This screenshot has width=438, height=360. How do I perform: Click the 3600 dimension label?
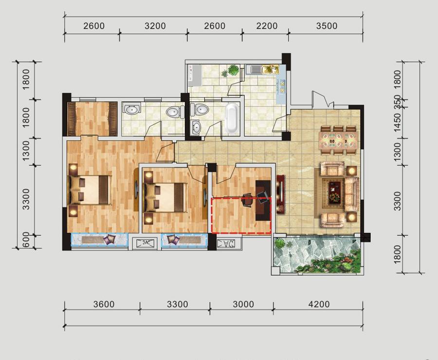tap(104, 304)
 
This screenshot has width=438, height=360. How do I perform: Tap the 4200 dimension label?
tap(319, 304)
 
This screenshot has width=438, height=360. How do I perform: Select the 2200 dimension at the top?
tap(267, 26)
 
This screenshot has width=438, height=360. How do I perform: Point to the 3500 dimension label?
tap(327, 26)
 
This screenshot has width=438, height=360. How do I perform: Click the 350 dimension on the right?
tap(397, 102)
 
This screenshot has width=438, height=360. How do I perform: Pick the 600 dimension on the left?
tap(25, 240)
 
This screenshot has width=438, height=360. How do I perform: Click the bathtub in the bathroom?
tap(232, 118)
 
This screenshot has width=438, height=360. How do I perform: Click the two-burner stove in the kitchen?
tap(282, 86)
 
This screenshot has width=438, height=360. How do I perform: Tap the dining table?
tap(338, 141)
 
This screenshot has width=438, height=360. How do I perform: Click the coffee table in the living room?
tap(334, 191)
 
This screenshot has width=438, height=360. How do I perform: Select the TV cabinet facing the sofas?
tap(281, 194)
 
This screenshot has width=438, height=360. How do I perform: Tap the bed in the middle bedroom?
tap(165, 197)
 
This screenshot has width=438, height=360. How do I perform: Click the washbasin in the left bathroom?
tap(131, 109)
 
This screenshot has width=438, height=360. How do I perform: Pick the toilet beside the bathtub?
tap(199, 109)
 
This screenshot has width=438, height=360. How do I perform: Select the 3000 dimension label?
tap(243, 304)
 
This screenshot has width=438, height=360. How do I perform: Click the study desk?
tap(263, 201)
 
